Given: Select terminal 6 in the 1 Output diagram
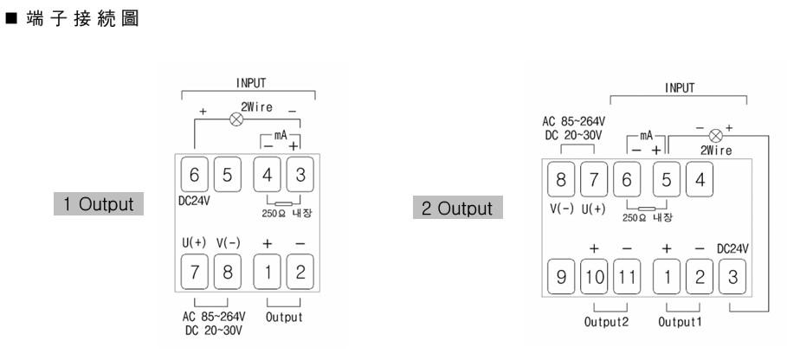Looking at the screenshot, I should pos(194,175).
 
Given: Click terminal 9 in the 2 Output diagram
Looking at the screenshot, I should pos(560,280).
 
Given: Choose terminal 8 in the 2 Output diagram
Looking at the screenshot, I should pos(560,181).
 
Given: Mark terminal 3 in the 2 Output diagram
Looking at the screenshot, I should pos(732,280).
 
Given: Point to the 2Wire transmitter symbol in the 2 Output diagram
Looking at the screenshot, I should pos(714,136).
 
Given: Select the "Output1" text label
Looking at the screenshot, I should pos(680,328).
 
